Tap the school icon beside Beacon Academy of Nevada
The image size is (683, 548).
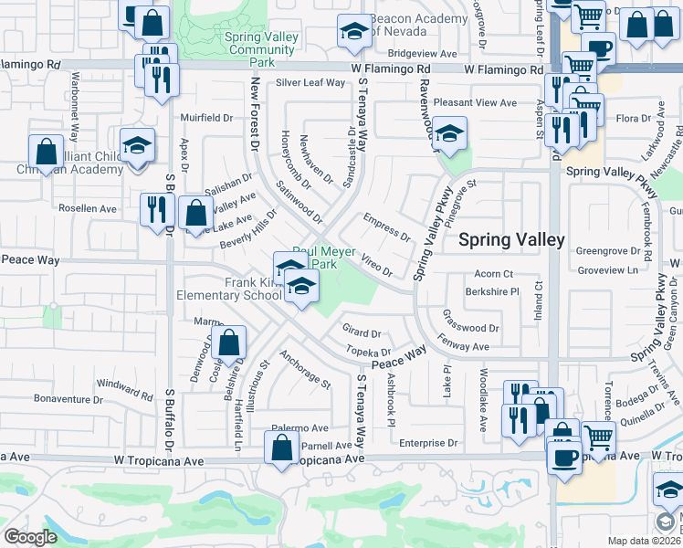(x=353, y=33)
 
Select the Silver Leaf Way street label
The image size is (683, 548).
(x=310, y=82)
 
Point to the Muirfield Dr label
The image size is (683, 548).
(x=206, y=118)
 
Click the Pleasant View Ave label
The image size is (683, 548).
(x=475, y=103)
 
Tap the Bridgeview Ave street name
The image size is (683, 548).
(x=421, y=54)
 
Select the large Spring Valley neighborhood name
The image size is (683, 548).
(x=511, y=240)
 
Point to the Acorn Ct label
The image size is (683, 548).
(x=494, y=273)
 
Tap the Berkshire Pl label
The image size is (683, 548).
(x=491, y=291)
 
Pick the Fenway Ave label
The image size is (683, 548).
(x=464, y=347)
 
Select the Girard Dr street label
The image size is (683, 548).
(x=361, y=334)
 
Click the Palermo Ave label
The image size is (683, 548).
(x=299, y=427)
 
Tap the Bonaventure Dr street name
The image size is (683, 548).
(x=68, y=399)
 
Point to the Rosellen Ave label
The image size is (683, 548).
(x=88, y=208)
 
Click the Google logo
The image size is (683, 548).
(x=30, y=537)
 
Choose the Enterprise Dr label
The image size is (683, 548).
(x=427, y=443)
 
